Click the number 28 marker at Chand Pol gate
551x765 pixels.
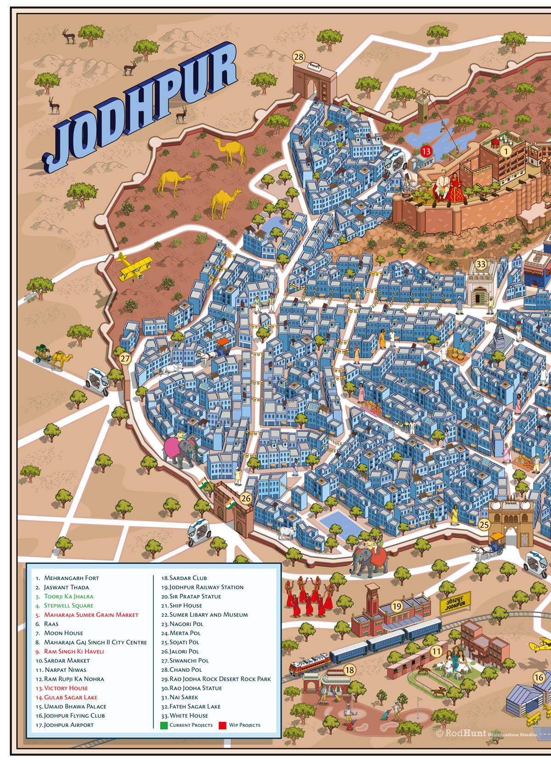[299, 57]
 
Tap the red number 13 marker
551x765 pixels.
[426, 151]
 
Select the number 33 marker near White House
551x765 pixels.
[480, 264]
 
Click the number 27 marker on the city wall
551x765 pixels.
[125, 359]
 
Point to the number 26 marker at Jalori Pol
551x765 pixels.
[246, 498]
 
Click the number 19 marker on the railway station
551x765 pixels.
[397, 606]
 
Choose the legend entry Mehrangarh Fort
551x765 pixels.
[71, 578]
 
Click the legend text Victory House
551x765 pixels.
[66, 688]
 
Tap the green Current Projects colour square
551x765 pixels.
[164, 726]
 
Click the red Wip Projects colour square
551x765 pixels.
[223, 726]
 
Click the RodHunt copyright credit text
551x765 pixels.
[464, 733]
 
